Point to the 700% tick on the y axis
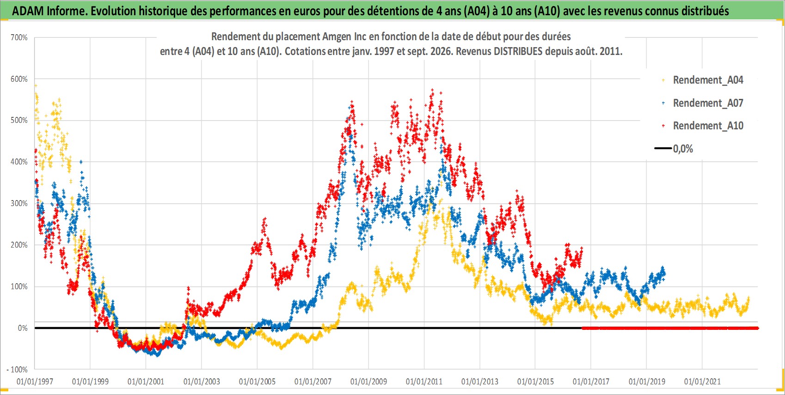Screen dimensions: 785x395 (19, 37)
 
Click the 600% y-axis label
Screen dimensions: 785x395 (19, 79)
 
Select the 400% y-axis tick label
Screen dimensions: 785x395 (19, 162)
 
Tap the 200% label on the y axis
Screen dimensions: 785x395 (19, 245)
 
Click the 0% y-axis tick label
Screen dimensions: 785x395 (23, 328)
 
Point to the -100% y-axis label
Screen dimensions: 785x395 (17, 370)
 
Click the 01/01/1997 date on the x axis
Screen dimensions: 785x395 (35, 381)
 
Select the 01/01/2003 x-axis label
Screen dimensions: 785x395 (202, 381)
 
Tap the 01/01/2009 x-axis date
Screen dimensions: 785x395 (368, 381)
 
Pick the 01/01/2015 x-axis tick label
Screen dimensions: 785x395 (535, 381)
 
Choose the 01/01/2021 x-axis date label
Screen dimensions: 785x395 (702, 381)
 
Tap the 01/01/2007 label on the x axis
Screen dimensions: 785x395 (313, 381)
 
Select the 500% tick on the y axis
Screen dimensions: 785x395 (19, 121)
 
